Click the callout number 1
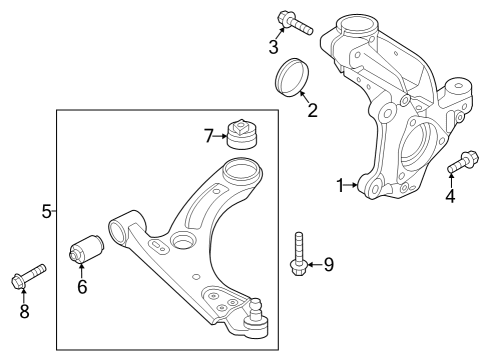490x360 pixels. click(x=339, y=185)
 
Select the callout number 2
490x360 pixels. click(x=312, y=110)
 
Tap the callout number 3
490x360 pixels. click(x=273, y=46)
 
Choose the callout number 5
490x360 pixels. click(x=46, y=211)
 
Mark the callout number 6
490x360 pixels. click(x=83, y=287)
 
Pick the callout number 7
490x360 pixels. click(x=209, y=135)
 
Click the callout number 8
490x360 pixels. click(x=25, y=311)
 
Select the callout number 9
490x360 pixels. click(x=327, y=264)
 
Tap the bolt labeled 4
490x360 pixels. click(x=462, y=163)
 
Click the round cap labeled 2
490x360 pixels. click(x=293, y=78)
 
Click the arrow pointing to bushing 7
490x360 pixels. click(x=222, y=135)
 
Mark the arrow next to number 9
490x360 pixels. click(x=313, y=264)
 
